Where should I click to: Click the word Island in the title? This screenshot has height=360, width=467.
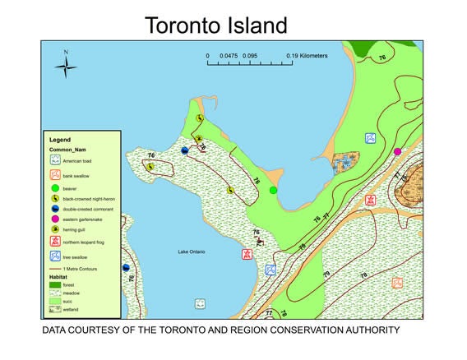[259, 25]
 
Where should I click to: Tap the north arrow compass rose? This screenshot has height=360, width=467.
[66, 65]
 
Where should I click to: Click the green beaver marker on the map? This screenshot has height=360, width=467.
[274, 191]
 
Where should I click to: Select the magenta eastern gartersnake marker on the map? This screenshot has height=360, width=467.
[397, 151]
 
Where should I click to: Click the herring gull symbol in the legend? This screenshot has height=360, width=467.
[55, 231]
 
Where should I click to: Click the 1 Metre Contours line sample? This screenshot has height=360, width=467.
[55, 268]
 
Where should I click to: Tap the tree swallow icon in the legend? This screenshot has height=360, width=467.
[55, 257]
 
